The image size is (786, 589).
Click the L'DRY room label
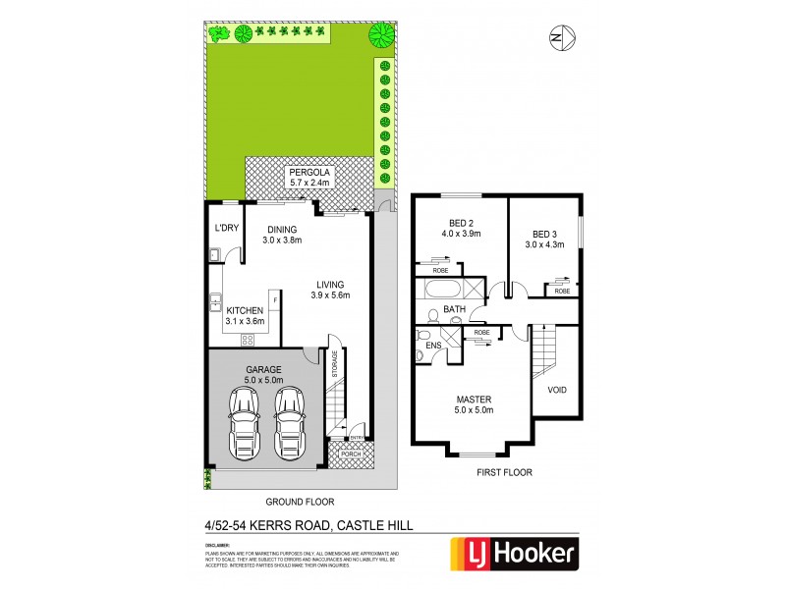click(x=227, y=229)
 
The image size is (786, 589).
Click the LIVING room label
click(x=330, y=284)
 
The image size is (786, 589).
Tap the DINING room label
click(x=282, y=227)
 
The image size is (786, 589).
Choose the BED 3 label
click(x=548, y=234)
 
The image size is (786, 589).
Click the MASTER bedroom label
click(x=474, y=400)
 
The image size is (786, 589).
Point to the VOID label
click(x=556, y=389)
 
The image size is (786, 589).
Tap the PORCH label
click(x=351, y=455)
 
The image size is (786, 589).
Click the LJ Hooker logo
click(x=512, y=553)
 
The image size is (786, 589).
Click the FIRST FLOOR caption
click(x=504, y=472)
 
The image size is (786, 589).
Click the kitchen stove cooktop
click(x=248, y=340)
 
